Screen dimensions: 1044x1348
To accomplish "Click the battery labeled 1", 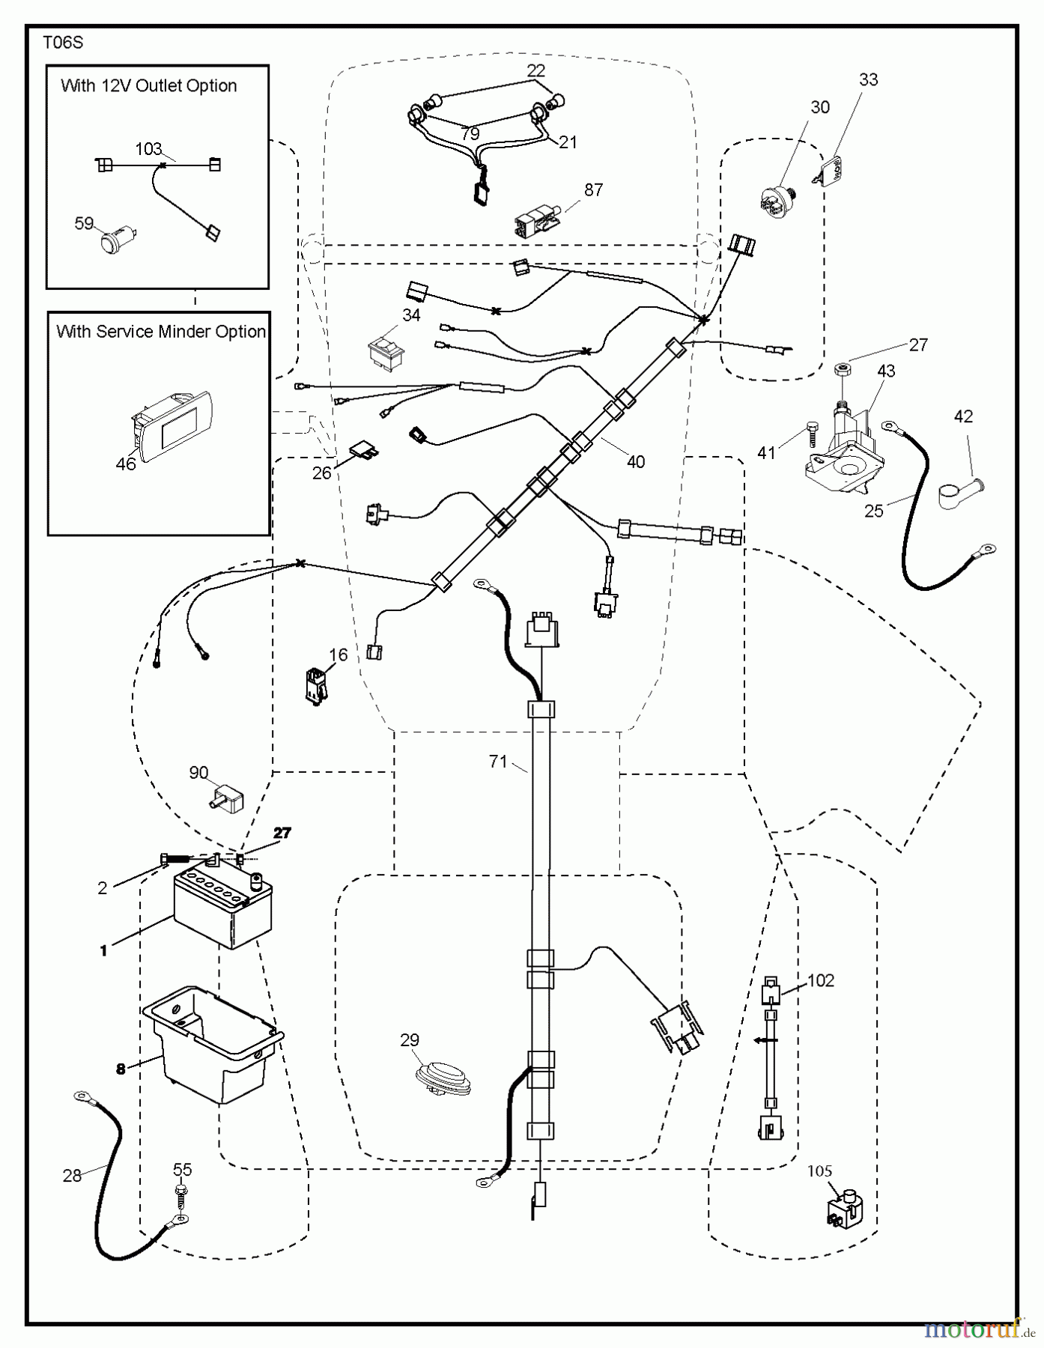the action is click(x=222, y=905).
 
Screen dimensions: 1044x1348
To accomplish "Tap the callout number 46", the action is click(x=126, y=464).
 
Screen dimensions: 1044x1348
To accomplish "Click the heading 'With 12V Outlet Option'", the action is click(x=149, y=86).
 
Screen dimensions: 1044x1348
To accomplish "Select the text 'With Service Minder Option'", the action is click(x=161, y=332).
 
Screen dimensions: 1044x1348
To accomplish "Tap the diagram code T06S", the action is click(x=63, y=43).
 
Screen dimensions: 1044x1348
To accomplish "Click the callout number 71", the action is click(x=498, y=762).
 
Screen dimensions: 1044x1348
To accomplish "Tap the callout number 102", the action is click(x=821, y=980).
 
